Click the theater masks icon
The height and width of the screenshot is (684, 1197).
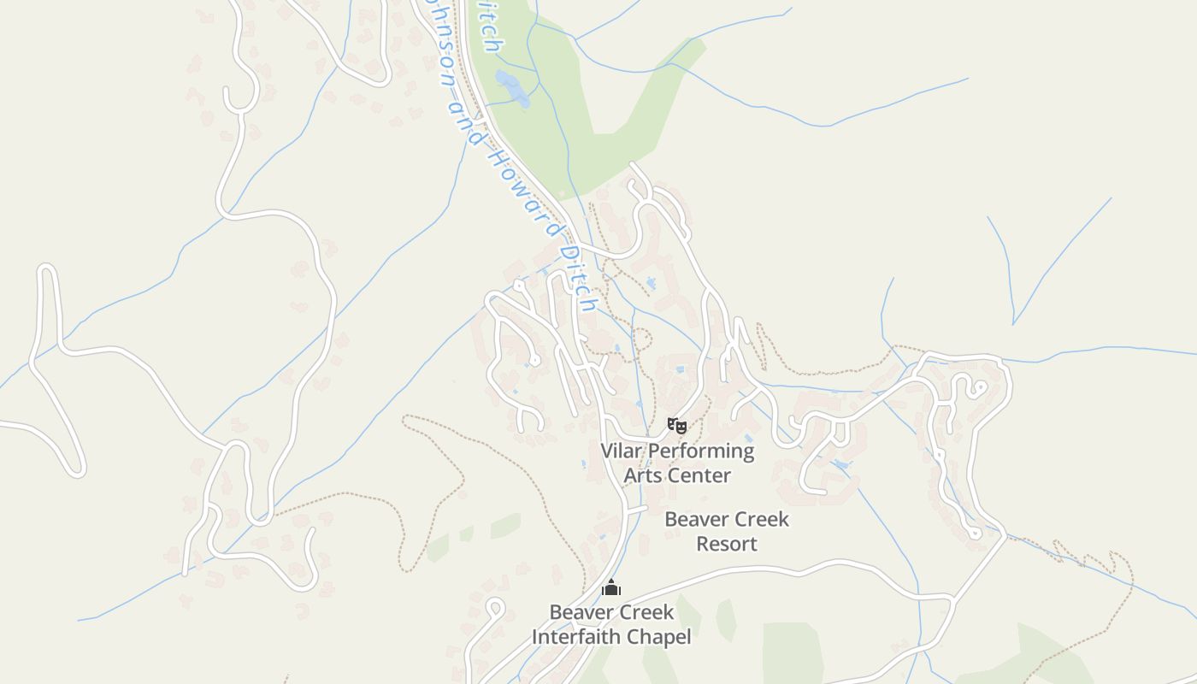coord(677,425)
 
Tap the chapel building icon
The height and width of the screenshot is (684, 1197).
coord(611,587)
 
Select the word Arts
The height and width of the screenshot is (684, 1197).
coord(641,475)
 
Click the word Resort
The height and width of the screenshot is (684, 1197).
coord(727,544)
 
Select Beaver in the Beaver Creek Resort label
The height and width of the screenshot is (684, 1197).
coord(695,519)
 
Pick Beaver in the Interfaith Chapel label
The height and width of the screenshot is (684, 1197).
coord(580,612)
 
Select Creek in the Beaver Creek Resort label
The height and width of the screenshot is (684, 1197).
coord(760,519)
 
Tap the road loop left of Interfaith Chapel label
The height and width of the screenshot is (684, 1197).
coord(494,608)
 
